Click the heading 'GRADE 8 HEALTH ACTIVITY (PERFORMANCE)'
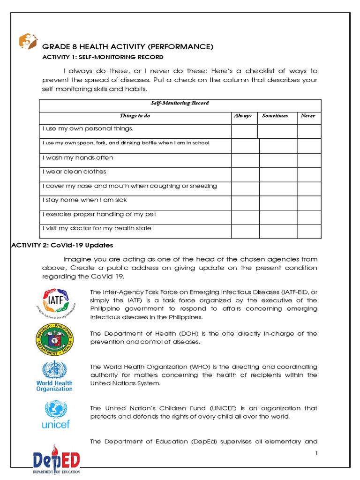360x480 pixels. point(128,47)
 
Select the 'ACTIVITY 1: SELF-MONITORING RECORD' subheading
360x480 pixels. point(103,57)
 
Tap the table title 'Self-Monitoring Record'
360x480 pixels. point(180,103)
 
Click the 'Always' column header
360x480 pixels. point(242,116)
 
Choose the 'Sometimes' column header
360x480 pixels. point(275,116)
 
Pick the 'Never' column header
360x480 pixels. point(308,116)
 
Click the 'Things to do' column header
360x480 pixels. point(135,116)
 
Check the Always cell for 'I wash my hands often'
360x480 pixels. point(245,161)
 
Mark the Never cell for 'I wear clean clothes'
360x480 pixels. point(309,175)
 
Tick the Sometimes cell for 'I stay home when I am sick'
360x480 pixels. point(278,203)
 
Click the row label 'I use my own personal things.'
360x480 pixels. point(88,128)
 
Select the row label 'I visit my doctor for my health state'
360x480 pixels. point(97,228)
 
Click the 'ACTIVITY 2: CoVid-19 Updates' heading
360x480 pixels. point(62,245)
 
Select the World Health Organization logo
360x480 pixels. point(55,376)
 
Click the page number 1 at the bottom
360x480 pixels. point(317,453)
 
